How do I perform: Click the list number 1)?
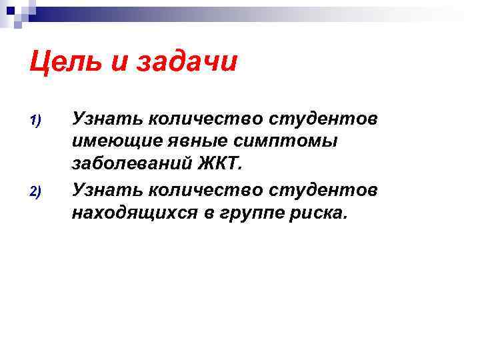coord(36,121)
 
